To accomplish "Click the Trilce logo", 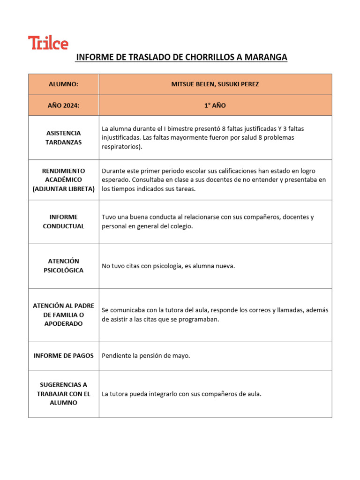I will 48,43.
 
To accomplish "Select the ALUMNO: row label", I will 63,84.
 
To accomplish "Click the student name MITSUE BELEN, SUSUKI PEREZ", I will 215,84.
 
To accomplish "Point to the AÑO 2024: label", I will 63,105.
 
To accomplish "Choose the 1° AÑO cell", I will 215,105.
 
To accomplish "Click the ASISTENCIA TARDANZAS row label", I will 63,137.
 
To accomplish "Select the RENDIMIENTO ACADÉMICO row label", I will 63,180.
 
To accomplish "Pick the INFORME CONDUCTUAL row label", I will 63,221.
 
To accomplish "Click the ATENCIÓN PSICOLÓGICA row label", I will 63,266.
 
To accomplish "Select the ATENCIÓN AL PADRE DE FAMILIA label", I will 63,315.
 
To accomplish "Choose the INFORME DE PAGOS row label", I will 63,356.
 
